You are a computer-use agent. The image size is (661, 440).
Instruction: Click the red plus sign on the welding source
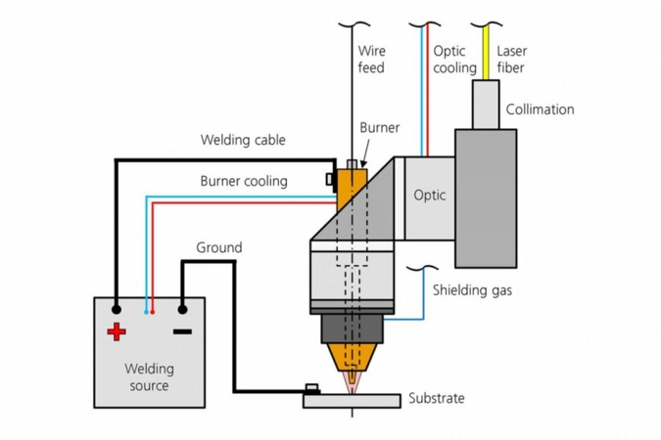point(117,332)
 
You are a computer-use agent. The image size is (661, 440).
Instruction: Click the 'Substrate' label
point(436,398)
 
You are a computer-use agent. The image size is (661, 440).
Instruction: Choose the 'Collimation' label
point(540,110)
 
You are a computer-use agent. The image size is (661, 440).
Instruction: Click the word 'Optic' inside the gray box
point(429,195)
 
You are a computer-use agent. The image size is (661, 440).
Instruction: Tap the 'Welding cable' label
point(243,140)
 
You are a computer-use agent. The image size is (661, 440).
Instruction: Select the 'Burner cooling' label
point(244,181)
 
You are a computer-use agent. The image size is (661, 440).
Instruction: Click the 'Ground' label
point(218,247)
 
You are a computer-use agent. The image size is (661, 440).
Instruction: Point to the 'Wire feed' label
point(372,59)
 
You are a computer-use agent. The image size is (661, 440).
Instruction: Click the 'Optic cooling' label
point(454,59)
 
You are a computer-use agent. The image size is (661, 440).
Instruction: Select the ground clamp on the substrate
point(312,388)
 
